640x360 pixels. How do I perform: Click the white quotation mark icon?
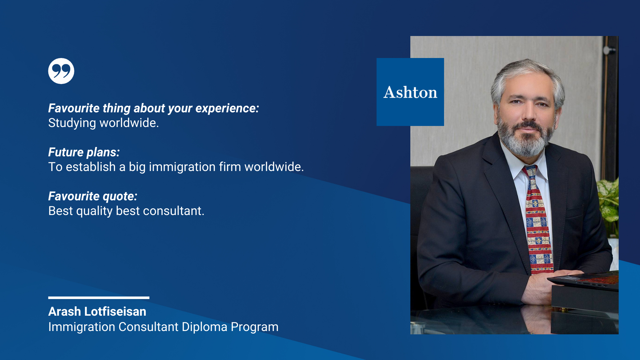click(x=61, y=71)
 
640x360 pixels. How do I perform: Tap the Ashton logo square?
click(x=410, y=92)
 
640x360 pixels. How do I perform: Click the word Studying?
click(x=72, y=123)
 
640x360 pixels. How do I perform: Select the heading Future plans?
click(x=84, y=152)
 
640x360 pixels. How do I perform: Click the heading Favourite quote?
click(x=93, y=196)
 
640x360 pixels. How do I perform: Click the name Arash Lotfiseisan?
click(x=97, y=311)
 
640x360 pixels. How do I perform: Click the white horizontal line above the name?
click(x=99, y=298)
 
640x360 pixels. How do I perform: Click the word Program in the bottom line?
click(x=255, y=327)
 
